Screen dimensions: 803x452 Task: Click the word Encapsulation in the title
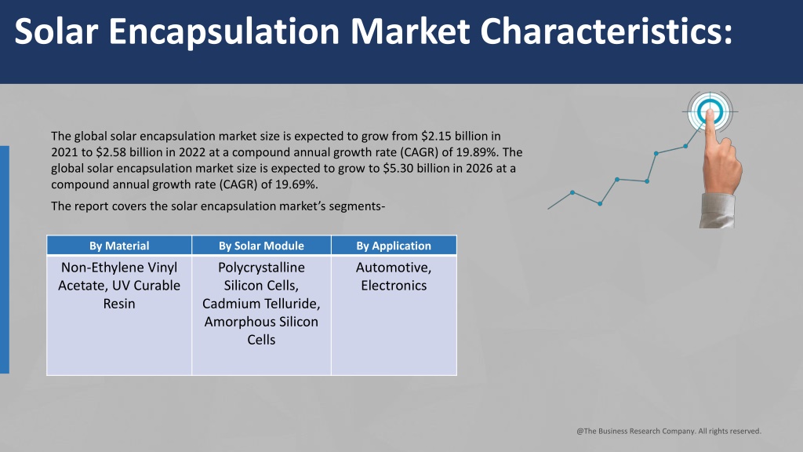point(223,31)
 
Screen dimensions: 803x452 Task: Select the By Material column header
point(119,246)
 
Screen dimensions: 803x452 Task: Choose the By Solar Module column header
point(261,246)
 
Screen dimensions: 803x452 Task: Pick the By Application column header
point(394,246)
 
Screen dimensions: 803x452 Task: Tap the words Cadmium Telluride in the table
point(261,304)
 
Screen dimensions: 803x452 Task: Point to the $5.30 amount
point(398,169)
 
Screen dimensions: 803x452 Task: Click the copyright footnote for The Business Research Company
point(669,431)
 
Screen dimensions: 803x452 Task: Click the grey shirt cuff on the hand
point(717,210)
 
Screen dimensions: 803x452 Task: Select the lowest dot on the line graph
point(600,203)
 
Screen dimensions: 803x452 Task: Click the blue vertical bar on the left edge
point(5,259)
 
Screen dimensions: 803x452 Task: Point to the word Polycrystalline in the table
point(261,268)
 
